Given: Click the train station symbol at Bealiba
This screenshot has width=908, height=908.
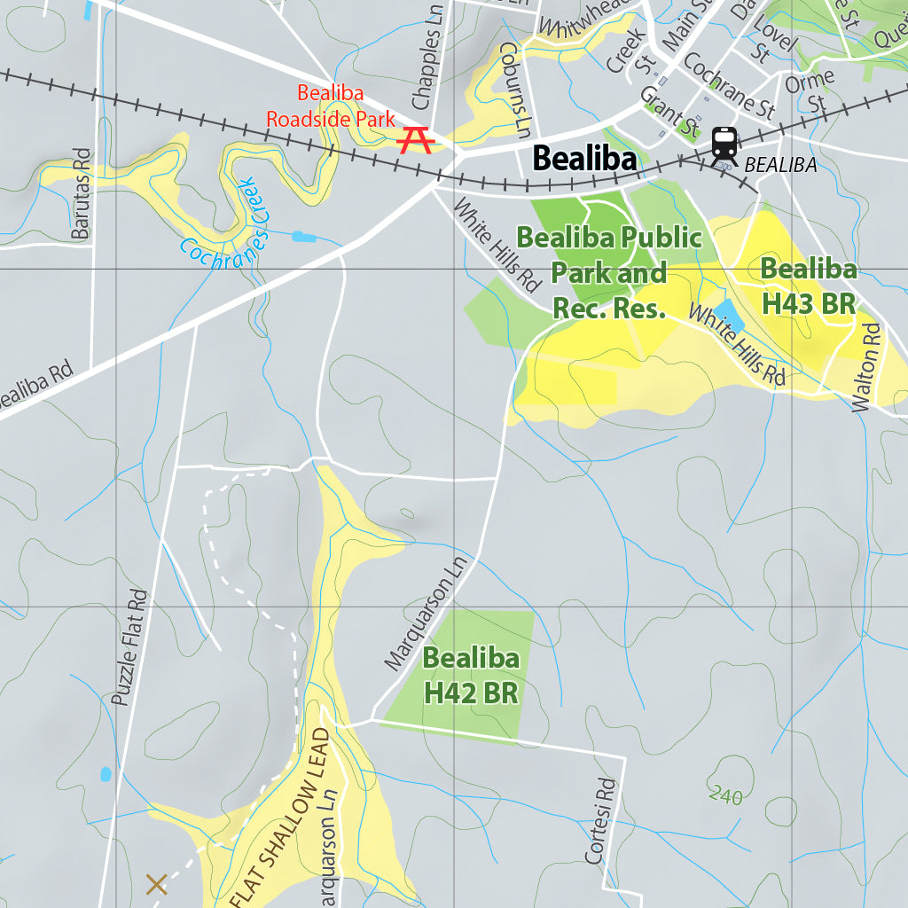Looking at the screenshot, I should [725, 146].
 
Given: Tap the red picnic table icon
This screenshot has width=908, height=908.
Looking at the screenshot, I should [416, 140].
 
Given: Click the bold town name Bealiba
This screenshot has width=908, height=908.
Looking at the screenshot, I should [584, 160].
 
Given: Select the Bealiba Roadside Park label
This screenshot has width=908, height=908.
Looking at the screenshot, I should [332, 106].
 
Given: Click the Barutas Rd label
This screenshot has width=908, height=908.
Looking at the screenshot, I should [81, 193].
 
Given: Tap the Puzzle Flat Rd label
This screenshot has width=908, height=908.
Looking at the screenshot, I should [129, 647].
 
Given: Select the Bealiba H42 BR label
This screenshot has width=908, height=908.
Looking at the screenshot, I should [471, 676].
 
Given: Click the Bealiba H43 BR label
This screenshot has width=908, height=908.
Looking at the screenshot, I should [809, 286].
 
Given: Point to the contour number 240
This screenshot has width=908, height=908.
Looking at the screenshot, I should [725, 796].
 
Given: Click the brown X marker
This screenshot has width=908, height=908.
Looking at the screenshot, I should [156, 883].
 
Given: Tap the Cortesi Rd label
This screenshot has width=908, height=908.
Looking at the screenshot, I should [600, 821].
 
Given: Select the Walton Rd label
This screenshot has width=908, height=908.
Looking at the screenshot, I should [868, 366].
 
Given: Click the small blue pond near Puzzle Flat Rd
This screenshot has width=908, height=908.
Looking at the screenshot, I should [106, 774].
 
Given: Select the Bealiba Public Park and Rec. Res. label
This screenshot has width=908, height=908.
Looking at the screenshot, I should [609, 272].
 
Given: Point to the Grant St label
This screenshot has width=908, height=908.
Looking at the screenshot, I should [669, 110].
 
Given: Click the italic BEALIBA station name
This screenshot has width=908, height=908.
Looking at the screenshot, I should [780, 165].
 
